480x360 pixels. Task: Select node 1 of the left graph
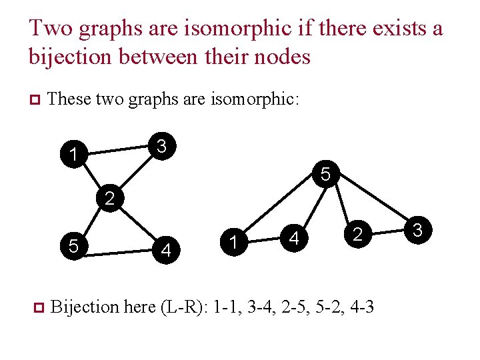[71, 156]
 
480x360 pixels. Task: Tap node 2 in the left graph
[110, 198]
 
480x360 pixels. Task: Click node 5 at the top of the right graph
[325, 175]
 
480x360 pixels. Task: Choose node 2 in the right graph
[357, 234]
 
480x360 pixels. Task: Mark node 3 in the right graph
[419, 231]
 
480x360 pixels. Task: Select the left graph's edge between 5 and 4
[120, 249]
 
